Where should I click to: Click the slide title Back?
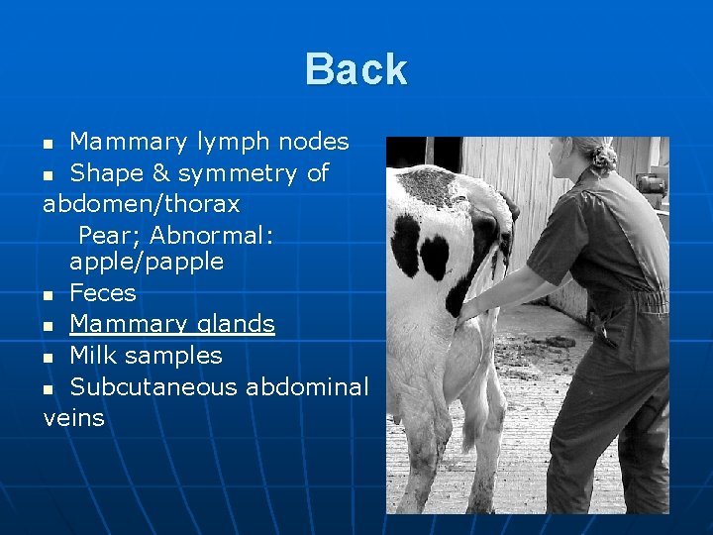click(356, 69)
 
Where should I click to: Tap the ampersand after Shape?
click(157, 173)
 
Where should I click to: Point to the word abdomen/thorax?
click(141, 204)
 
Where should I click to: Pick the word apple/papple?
click(147, 263)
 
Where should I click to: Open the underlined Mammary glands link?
click(172, 325)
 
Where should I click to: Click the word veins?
click(74, 418)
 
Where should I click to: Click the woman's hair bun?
click(602, 156)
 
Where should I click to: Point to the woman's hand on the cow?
click(467, 309)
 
